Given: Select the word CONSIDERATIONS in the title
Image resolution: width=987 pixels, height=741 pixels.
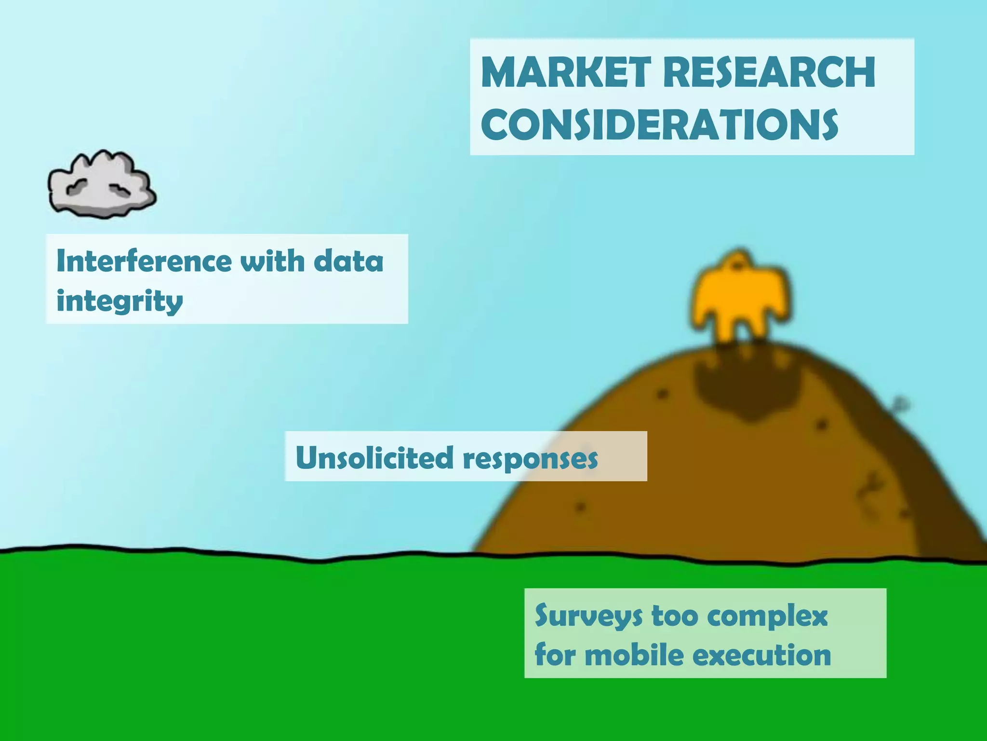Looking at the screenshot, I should coord(659,124).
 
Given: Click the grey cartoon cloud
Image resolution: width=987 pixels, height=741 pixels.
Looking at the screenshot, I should coord(102,185).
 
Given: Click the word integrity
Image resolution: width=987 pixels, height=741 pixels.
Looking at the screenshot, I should coord(120,302).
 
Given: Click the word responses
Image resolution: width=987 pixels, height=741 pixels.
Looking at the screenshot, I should coord(530,458).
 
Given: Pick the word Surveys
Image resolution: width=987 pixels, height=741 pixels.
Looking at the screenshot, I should coord(588,616).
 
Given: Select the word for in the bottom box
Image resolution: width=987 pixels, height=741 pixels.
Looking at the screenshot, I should coord(555,655).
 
